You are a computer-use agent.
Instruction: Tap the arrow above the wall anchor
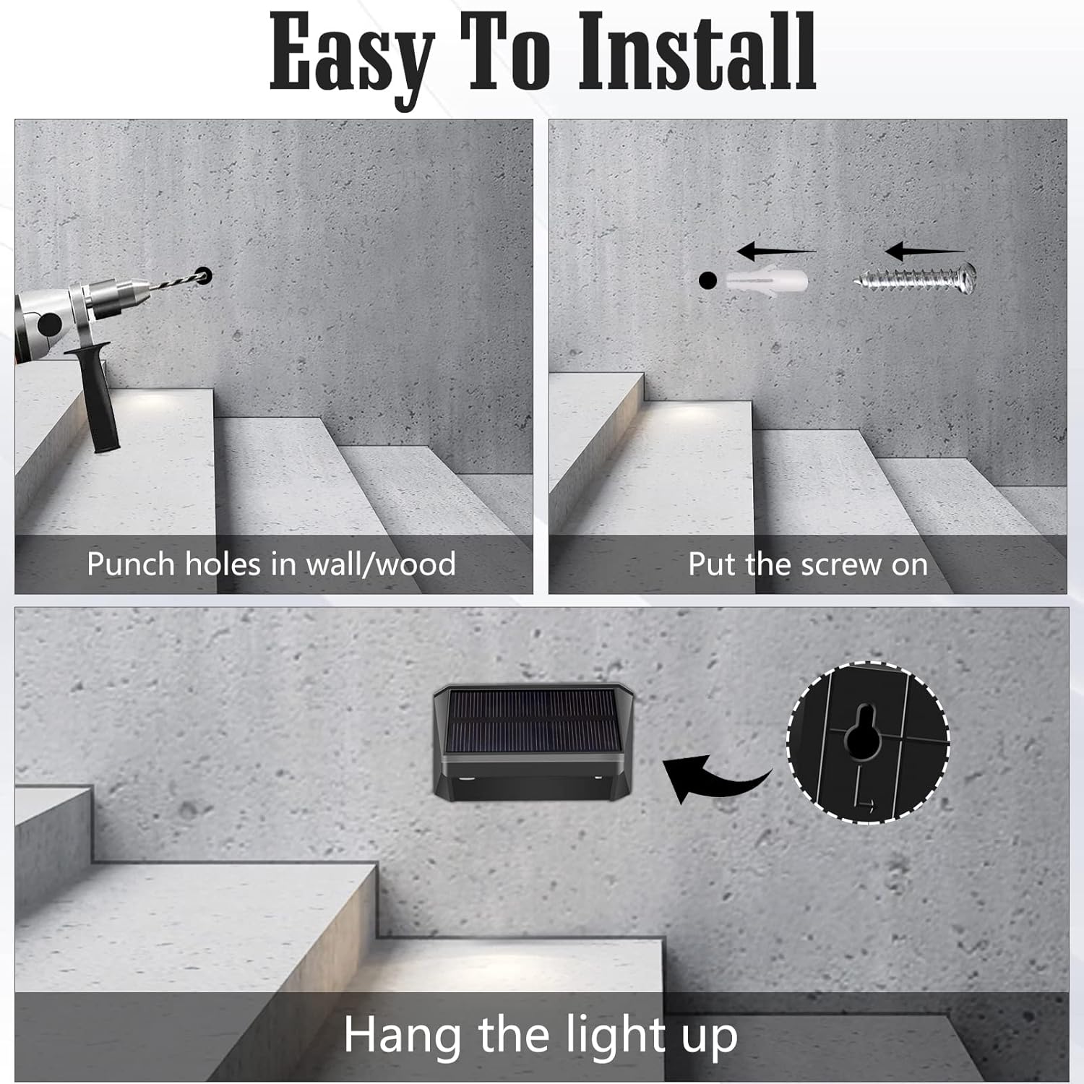tap(775, 251)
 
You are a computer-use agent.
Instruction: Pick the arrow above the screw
tap(925, 251)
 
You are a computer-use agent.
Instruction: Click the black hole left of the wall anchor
tap(707, 280)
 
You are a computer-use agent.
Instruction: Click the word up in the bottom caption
tap(710, 1041)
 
